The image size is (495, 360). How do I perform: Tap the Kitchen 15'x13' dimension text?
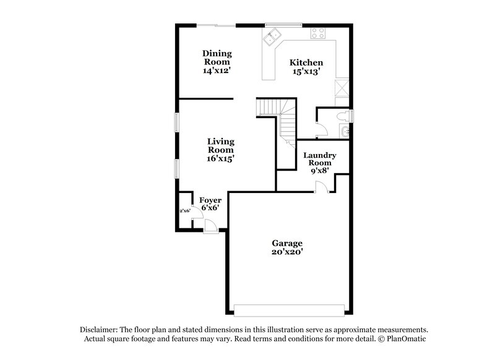pos(306,72)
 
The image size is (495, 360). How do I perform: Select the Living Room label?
pos(220,145)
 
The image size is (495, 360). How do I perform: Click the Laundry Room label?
pos(319,160)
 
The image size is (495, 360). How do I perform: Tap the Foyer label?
pos(210,200)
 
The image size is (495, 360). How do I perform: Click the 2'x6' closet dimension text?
pos(184,211)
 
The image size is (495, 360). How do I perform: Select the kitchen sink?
pos(270,40)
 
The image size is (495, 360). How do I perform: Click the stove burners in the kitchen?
pos(318,32)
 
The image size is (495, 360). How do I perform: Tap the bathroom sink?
pos(345,132)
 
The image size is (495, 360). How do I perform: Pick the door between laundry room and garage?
pos(321,187)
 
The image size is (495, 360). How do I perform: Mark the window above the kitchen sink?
pos(283,25)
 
